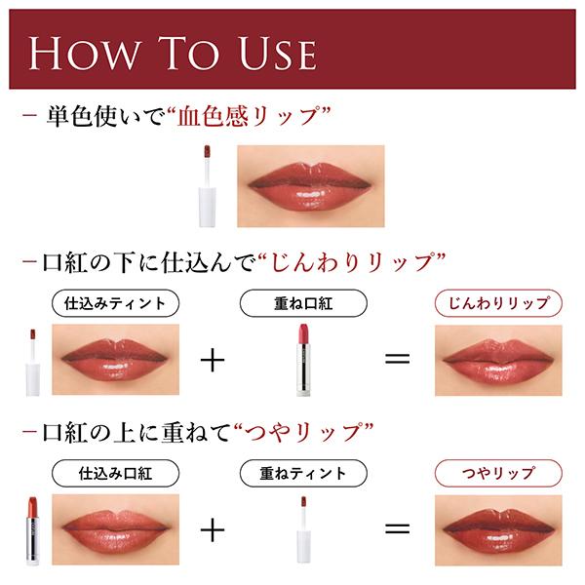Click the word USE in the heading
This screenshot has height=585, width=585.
coord(278,54)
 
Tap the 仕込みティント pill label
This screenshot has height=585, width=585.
coord(115,303)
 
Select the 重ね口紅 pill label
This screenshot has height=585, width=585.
coord(303,303)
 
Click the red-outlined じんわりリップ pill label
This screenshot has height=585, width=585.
coord(498,303)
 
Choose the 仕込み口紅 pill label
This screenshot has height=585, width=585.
coord(115,473)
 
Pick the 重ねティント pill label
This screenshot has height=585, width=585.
coord(303,473)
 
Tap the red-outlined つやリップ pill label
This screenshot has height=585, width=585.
coord(498,473)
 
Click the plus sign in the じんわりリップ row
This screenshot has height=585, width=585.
coord(213,360)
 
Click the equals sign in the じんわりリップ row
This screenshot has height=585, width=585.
coord(398,359)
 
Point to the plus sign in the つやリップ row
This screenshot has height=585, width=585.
coord(213,529)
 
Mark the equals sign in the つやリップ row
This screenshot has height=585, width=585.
coord(398,528)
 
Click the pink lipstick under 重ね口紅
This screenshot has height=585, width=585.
coord(303,360)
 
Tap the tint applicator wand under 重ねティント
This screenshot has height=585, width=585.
coord(303,529)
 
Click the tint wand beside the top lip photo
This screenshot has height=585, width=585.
coord(208,186)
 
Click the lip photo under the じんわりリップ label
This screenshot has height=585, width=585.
coord(498,360)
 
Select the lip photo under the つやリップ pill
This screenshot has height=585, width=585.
coord(498,530)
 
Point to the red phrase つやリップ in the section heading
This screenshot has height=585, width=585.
coord(302,432)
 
